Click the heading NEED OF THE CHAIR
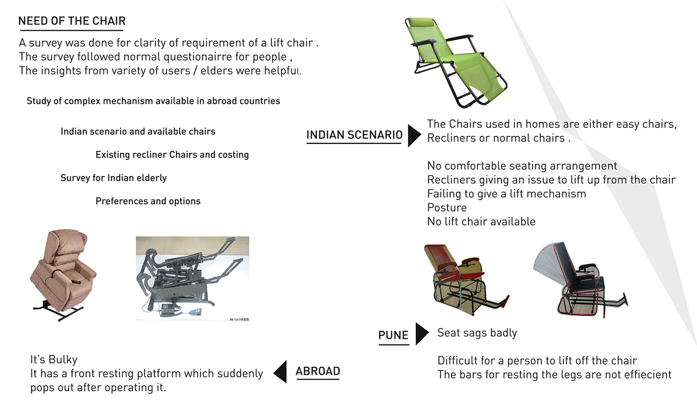pos(72,21)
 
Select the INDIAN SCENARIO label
pos(354,135)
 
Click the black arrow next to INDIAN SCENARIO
pos(413,135)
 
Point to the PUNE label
pos(393,335)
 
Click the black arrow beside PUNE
pos(421,334)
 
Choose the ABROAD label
pos(318,371)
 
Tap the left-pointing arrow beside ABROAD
pos(281,372)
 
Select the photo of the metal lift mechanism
pos(193,279)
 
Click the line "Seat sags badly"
pos(477,333)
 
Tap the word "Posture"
pos(447,208)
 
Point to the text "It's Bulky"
pos(54,359)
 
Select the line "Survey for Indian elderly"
pos(114,178)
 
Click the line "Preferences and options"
pos(148,201)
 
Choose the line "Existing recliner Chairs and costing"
pos(172,155)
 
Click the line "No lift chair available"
pos(481,221)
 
